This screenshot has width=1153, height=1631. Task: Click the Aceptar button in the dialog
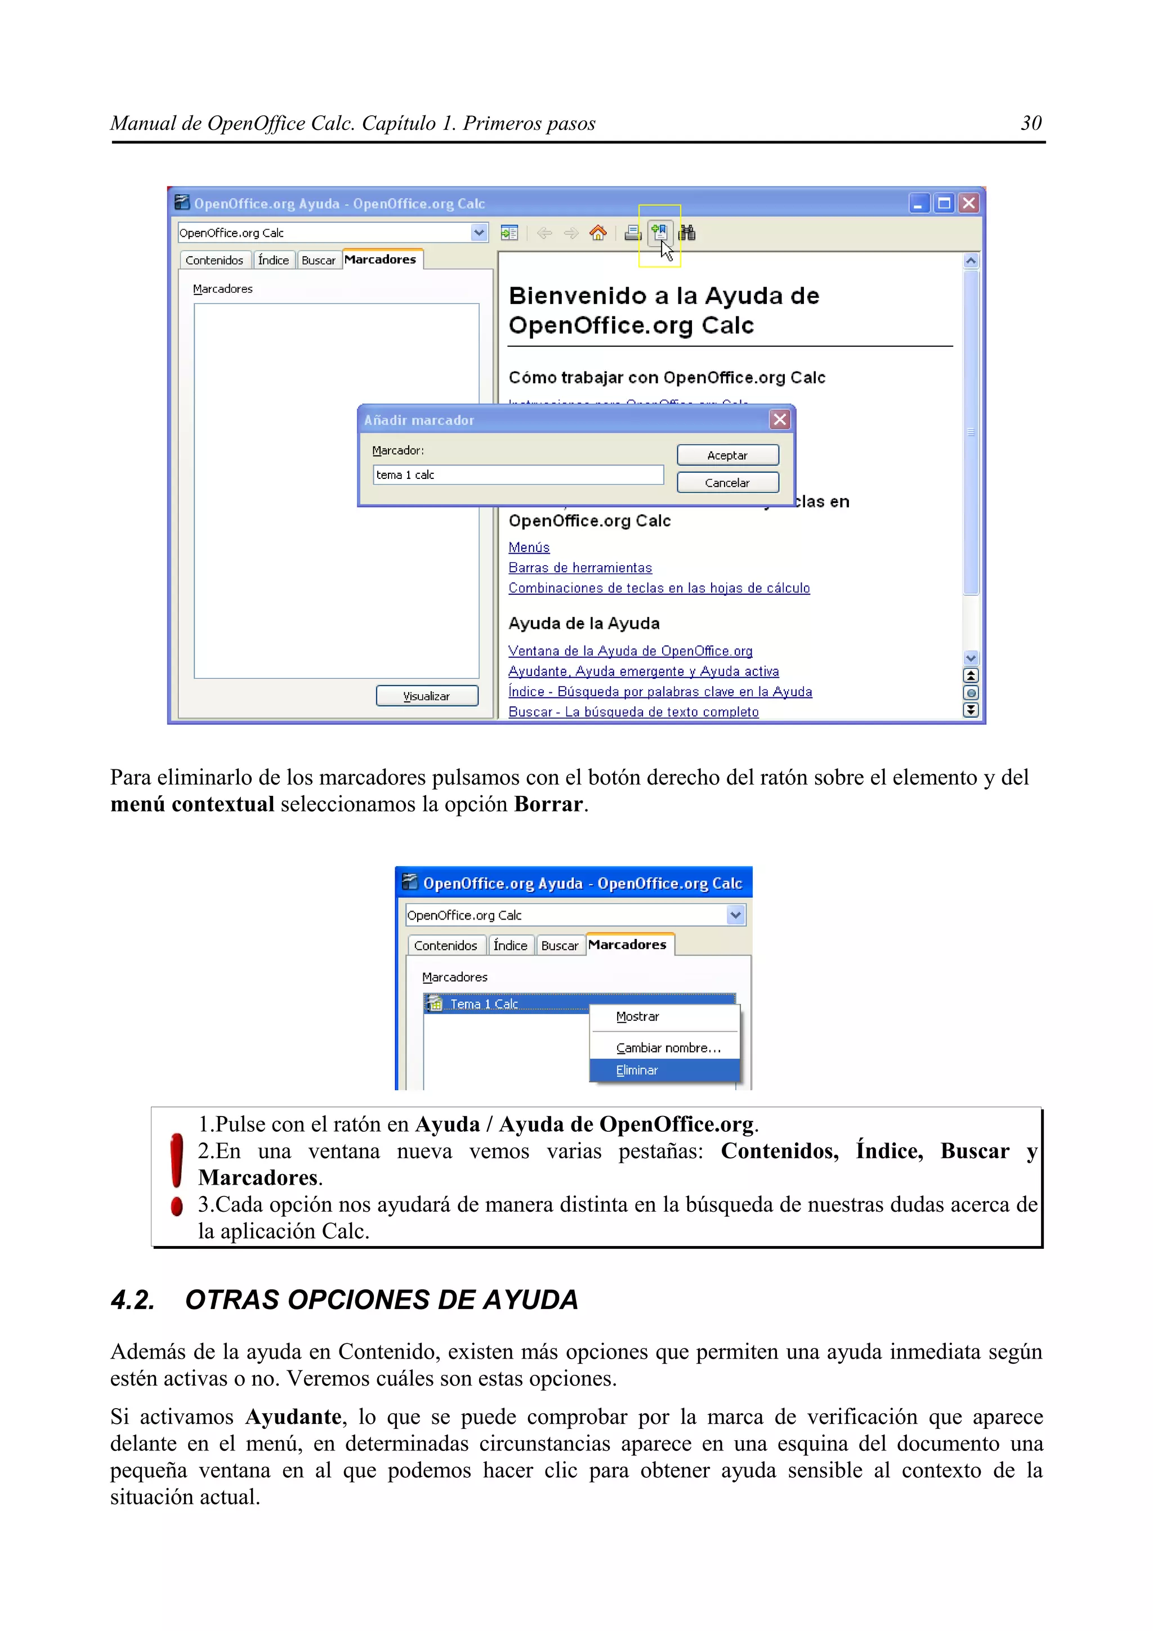pos(727,455)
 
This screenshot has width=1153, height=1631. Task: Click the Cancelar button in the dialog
pos(727,483)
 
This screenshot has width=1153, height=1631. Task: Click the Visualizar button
pos(426,696)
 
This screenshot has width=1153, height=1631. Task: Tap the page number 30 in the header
pos(1031,124)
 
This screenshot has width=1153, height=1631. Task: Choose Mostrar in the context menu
pos(637,1016)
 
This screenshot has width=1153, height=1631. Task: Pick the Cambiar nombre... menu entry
pos(668,1048)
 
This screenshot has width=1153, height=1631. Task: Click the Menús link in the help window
pos(529,548)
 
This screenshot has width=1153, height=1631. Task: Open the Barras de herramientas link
pos(580,567)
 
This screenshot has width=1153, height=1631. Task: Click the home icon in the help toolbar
pos(598,233)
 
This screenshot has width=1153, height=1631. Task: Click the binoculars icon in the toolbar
pos(687,233)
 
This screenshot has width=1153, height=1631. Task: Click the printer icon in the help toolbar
pos(632,233)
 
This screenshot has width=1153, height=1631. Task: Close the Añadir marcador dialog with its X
pos(780,420)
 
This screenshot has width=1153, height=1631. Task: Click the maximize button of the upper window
pos(944,204)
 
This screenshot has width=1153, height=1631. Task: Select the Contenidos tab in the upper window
pos(214,261)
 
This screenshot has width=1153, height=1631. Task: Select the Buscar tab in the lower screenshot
pos(559,946)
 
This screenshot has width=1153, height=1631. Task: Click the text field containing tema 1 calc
pos(517,475)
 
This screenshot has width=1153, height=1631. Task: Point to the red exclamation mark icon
pos(177,1173)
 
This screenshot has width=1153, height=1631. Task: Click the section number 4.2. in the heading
pos(133,1300)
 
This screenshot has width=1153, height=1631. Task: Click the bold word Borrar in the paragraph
pos(548,804)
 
